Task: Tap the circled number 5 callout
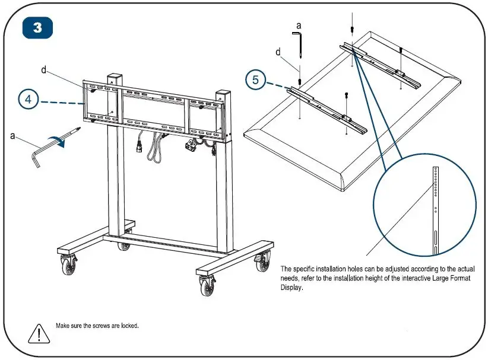[x=256, y=80]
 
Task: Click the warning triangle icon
[x=38, y=332]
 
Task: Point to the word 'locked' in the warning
[x=129, y=326]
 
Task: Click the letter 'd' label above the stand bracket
[x=44, y=70]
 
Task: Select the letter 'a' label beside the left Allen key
[x=13, y=136]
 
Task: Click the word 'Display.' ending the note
[x=291, y=288]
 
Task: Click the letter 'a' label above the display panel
[x=299, y=26]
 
